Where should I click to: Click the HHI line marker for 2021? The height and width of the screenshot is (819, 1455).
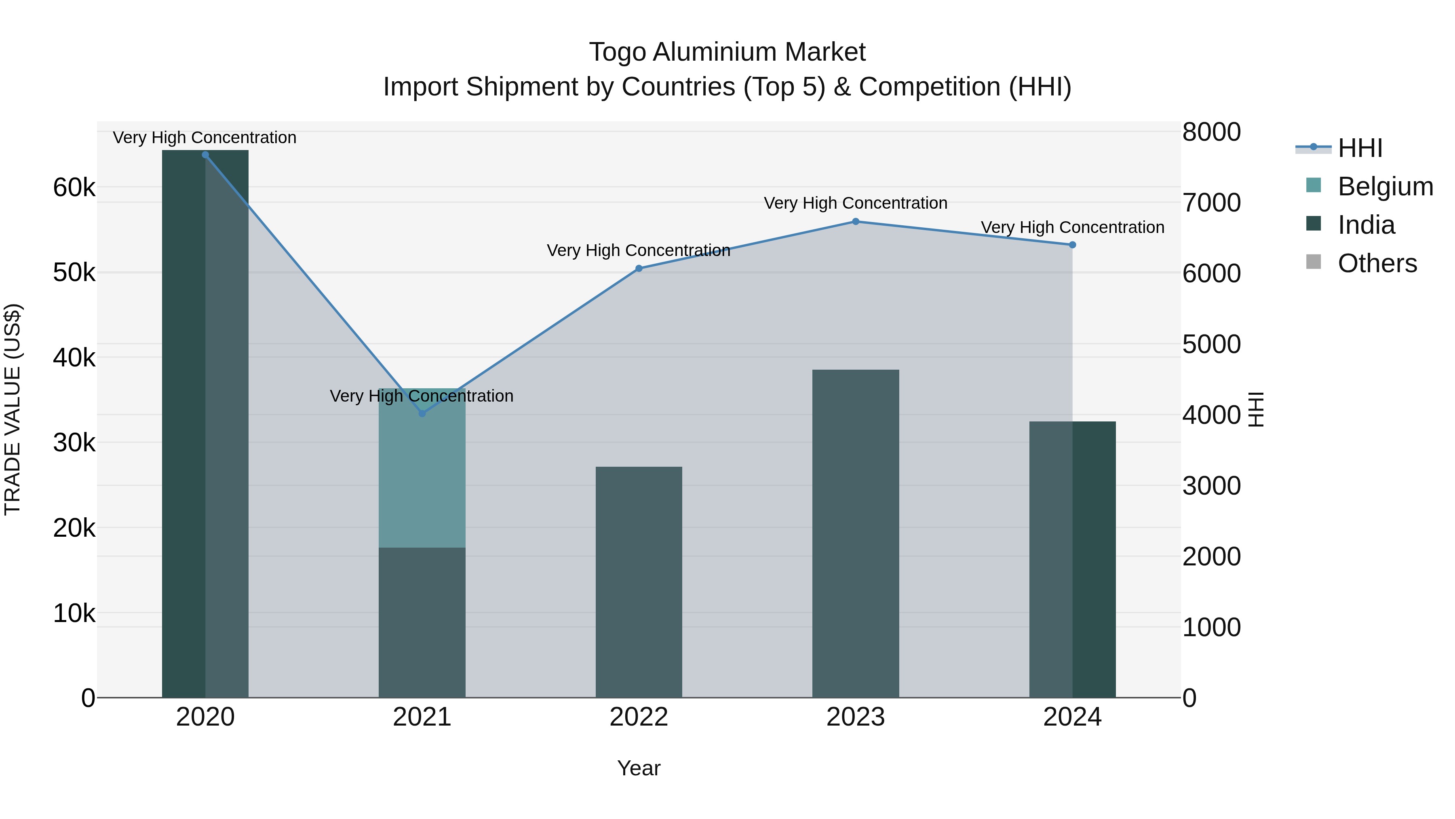[422, 413]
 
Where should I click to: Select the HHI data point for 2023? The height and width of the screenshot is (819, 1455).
[855, 222]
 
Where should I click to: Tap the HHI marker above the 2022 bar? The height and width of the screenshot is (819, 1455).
[639, 269]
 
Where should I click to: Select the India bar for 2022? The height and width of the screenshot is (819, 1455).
[639, 582]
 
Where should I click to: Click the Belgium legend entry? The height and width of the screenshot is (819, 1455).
[1385, 186]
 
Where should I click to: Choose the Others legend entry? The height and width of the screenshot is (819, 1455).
[1377, 263]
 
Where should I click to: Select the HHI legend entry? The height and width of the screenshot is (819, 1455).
[1360, 148]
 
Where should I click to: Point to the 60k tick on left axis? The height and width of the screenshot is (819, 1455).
[74, 188]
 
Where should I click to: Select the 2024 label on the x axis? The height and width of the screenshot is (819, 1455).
[1072, 717]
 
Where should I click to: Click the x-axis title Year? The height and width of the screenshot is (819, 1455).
[639, 768]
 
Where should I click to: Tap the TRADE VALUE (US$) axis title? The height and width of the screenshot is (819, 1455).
[13, 409]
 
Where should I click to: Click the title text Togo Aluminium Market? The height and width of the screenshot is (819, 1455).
[727, 52]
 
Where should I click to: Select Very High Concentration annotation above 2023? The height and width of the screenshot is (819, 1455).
[855, 203]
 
